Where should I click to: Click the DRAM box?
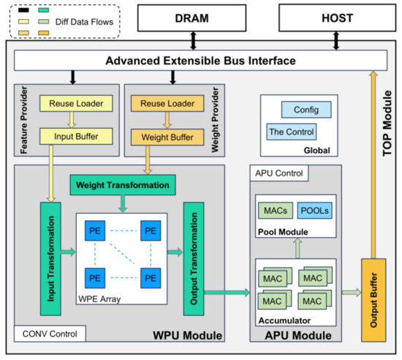191,18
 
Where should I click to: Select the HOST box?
337,18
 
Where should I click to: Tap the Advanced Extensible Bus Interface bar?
200,61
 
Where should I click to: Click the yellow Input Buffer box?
76,137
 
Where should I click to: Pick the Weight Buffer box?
167,138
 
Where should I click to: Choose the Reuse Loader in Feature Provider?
76,103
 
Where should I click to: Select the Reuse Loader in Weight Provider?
167,103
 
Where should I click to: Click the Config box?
306,110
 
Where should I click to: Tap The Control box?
291,132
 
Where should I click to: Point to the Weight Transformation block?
123,185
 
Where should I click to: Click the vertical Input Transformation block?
50,258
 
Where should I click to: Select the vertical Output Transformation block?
194,258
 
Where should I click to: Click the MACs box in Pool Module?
276,211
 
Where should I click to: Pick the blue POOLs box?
314,211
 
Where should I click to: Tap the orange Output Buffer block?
373,300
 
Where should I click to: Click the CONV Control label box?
50,334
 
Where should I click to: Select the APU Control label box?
279,173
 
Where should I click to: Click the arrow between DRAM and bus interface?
193,40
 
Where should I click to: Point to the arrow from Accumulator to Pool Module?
297,248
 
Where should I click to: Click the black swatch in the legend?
23,10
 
